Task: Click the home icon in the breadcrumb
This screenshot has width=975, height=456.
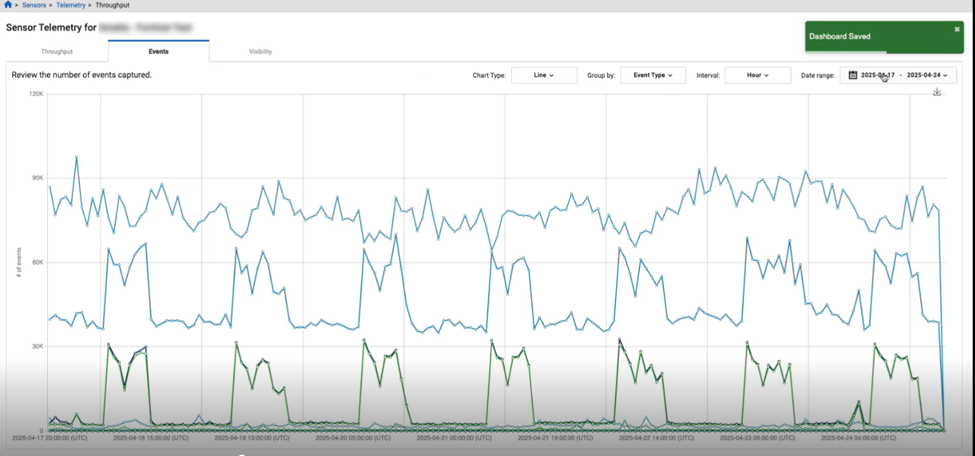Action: point(8,5)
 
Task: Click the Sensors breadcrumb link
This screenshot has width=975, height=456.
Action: point(34,5)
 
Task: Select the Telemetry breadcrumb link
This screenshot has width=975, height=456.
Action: point(71,5)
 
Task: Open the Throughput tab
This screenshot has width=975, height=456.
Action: point(57,51)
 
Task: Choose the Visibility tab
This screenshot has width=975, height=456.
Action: point(260,51)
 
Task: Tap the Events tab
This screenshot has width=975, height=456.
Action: point(158,51)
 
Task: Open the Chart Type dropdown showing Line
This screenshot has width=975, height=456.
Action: point(544,75)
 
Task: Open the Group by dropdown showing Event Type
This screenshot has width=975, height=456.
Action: point(652,75)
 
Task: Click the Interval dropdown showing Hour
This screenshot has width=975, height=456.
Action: point(757,75)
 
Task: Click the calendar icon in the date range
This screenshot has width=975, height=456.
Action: point(852,75)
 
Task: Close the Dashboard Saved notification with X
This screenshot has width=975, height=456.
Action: point(957,29)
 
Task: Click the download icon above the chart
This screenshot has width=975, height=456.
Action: point(936,92)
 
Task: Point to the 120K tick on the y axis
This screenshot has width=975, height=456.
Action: point(36,94)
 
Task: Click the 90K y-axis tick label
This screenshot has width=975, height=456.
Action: point(37,178)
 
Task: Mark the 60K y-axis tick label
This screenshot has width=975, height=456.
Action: point(37,262)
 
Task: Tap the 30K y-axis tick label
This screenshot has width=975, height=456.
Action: point(37,346)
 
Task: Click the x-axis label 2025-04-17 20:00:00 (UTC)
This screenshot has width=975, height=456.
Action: point(50,437)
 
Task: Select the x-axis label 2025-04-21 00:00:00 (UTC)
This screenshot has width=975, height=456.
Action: point(454,437)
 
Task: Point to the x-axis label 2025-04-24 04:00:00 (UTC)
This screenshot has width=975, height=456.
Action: point(858,437)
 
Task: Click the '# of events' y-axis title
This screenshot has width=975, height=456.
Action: point(19,262)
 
